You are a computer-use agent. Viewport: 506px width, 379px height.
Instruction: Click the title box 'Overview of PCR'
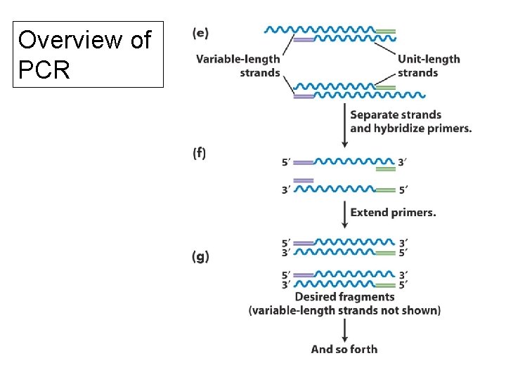click(88, 54)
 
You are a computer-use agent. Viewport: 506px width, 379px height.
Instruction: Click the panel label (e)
click(200, 33)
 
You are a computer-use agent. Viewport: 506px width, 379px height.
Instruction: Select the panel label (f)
click(199, 154)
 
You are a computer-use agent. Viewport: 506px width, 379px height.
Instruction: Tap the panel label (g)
click(200, 256)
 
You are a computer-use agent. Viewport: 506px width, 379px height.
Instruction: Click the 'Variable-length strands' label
click(238, 65)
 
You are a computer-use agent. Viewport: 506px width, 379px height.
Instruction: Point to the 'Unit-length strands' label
click(428, 65)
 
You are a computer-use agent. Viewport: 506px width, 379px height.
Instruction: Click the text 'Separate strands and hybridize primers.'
click(410, 121)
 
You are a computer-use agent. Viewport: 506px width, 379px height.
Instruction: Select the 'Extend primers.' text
click(393, 212)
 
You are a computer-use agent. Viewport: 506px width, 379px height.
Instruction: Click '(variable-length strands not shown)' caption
click(344, 310)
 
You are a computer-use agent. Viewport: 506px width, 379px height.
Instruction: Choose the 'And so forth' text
click(344, 349)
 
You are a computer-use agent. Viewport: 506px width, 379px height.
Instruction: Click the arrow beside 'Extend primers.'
click(344, 213)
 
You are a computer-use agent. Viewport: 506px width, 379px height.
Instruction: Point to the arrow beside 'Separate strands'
click(344, 125)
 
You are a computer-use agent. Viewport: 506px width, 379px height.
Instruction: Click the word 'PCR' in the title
click(44, 69)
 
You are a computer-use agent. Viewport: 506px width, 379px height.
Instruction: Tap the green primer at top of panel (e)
click(385, 31)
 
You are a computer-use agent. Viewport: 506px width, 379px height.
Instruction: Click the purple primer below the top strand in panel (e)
click(304, 39)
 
